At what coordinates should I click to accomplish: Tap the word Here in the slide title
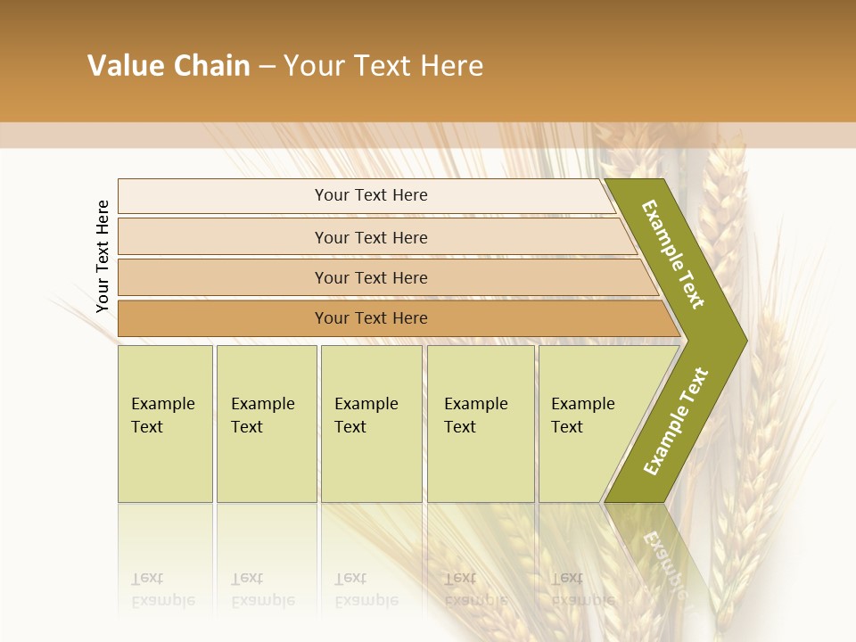[451, 66]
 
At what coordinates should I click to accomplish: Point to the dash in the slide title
[267, 67]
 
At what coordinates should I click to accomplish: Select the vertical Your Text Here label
[103, 256]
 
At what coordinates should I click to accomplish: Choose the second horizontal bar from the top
[371, 237]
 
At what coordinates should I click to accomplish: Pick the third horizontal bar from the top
[371, 277]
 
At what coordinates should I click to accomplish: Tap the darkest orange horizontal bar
[371, 318]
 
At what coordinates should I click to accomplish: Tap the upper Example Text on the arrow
[673, 254]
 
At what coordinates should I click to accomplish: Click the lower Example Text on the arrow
[675, 422]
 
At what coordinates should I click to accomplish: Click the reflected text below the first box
[162, 588]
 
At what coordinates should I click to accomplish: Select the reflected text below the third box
[366, 588]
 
